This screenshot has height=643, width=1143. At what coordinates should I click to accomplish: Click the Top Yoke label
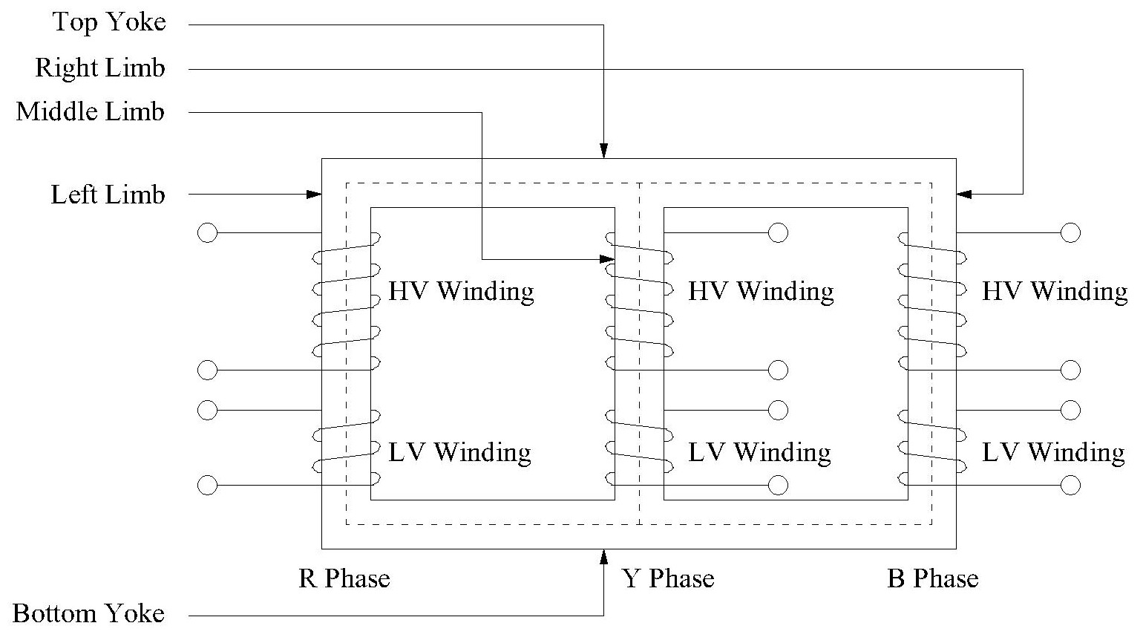(109, 23)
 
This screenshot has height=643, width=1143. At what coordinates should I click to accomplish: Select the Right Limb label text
(100, 68)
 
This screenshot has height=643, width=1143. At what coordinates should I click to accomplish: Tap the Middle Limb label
(91, 112)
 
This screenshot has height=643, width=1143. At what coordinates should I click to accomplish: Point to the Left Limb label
(108, 195)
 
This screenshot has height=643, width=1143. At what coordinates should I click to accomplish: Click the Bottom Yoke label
(89, 614)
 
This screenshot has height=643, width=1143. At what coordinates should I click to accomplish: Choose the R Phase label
(344, 579)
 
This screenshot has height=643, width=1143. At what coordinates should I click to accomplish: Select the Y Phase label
(667, 579)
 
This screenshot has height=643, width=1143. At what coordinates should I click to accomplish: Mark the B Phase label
(932, 579)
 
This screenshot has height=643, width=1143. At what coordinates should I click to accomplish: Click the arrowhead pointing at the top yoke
(603, 151)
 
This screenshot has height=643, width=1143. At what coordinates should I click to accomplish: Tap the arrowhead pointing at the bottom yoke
(603, 556)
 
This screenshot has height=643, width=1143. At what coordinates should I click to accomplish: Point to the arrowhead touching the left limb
(313, 195)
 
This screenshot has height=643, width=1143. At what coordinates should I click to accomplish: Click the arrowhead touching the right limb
(964, 195)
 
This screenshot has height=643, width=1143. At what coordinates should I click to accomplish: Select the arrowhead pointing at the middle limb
(607, 259)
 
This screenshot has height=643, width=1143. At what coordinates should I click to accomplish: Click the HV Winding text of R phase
(461, 291)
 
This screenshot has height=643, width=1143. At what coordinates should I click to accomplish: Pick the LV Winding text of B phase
(1053, 452)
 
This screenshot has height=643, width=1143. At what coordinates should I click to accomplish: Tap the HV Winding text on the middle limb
(761, 291)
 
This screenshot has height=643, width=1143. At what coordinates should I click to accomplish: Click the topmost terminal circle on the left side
(208, 233)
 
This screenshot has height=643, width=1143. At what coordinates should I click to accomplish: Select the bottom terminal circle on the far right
(1070, 486)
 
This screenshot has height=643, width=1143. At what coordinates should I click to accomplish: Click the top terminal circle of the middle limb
(778, 233)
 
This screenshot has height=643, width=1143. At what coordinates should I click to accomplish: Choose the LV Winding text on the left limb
(459, 452)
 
